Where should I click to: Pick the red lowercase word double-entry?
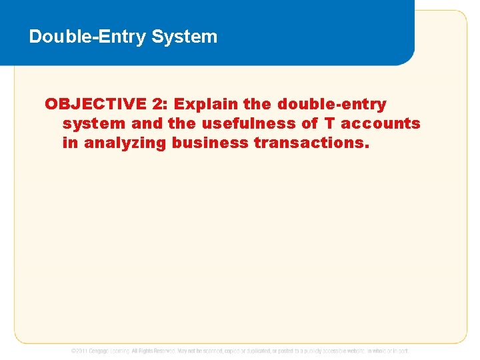[x=331, y=104]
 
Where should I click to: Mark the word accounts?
[x=381, y=123]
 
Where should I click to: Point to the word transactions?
[x=311, y=143]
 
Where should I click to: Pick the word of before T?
[x=311, y=123]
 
